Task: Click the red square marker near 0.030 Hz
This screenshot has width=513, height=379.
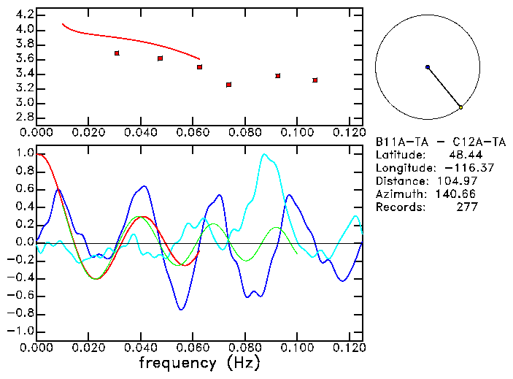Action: click(x=117, y=53)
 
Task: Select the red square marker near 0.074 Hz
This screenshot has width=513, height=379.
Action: click(x=229, y=85)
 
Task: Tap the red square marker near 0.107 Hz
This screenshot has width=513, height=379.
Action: click(x=315, y=80)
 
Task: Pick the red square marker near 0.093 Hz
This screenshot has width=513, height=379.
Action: click(x=278, y=75)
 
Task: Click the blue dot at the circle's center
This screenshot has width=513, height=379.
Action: click(x=428, y=67)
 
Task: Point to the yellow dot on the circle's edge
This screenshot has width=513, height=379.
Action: click(x=460, y=107)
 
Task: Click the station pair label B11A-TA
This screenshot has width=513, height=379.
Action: click(x=399, y=142)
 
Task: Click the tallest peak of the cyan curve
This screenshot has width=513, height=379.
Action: click(x=264, y=154)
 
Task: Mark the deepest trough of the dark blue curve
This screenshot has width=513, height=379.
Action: click(x=181, y=310)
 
